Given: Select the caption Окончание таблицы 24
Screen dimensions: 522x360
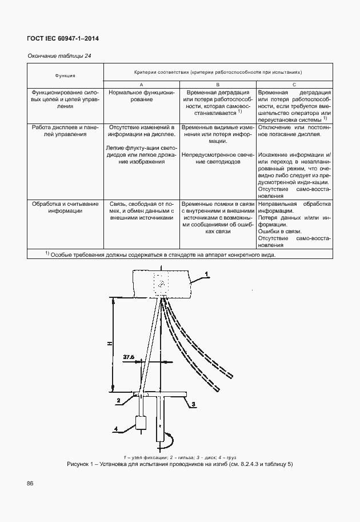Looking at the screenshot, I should (56, 55).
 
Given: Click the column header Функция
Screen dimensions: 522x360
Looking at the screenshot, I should (65, 75).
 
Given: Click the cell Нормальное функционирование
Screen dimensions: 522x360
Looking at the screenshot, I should (141, 95).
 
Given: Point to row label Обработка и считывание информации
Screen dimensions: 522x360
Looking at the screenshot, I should (65, 206).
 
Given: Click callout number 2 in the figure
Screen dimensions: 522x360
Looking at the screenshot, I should (118, 401).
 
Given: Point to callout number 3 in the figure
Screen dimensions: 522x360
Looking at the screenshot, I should (193, 404).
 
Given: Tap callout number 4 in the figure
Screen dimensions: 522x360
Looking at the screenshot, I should (117, 428).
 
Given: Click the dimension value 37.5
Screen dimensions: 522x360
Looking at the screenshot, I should (129, 357).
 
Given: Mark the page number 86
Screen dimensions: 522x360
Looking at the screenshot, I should (30, 484).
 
